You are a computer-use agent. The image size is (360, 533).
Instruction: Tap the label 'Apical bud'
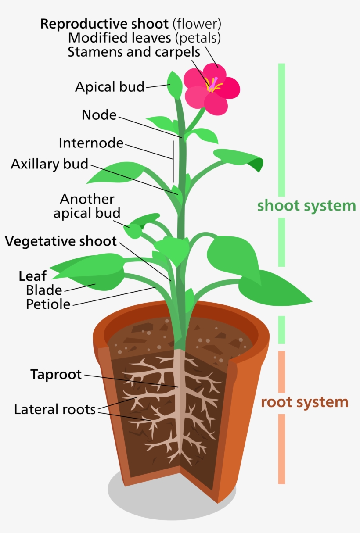point(109,87)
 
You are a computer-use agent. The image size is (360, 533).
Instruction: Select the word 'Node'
point(99,115)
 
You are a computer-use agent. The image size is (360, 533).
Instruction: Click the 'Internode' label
point(91,143)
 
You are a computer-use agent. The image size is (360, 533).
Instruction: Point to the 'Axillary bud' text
point(50,164)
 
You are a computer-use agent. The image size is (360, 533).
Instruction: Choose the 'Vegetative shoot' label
point(61,241)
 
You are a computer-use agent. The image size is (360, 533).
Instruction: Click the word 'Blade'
point(44,290)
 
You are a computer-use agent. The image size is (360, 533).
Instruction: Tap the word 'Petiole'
point(48,304)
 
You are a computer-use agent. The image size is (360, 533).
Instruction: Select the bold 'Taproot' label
point(56,375)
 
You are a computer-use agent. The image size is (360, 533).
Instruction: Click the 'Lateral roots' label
point(55,409)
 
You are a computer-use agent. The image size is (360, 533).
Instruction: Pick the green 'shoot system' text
point(306,205)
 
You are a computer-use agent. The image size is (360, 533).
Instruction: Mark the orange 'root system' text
point(304,402)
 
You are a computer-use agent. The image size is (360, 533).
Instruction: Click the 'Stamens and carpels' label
point(134,52)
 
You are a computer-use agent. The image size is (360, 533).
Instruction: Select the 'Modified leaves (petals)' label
point(144,38)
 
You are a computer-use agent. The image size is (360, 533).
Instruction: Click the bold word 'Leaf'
point(32,276)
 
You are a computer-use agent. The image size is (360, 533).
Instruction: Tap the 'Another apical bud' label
point(87,206)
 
